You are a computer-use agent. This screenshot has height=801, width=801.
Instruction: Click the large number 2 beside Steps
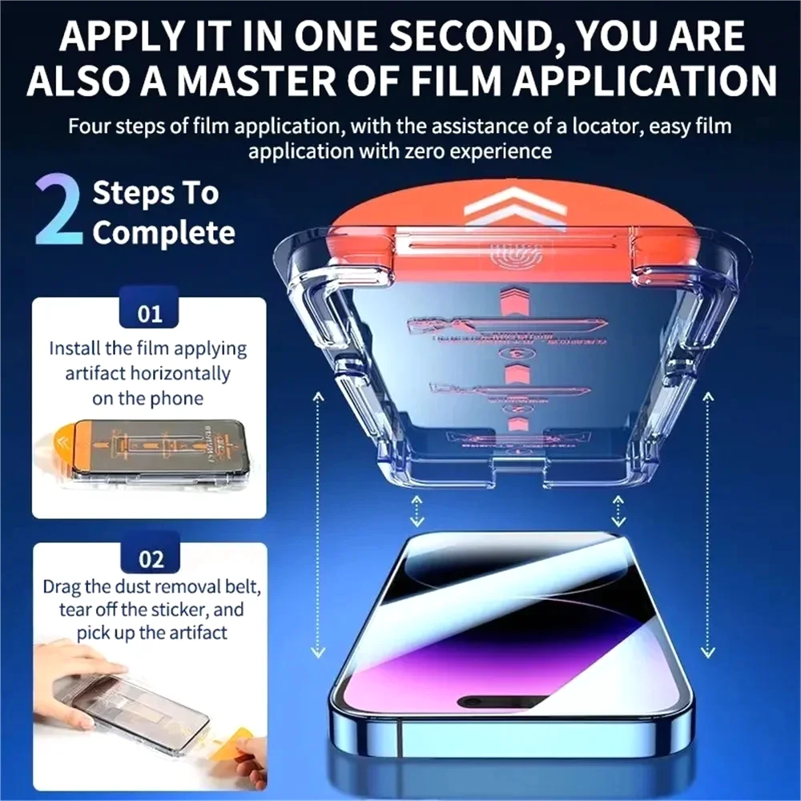pyautogui.click(x=58, y=211)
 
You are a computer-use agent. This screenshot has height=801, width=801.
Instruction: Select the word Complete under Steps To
pyautogui.click(x=163, y=233)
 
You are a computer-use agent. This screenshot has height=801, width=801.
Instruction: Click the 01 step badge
pyautogui.click(x=150, y=312)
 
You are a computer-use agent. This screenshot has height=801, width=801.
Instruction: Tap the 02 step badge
pyautogui.click(x=150, y=557)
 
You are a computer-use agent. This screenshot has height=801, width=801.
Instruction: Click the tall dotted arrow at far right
pyautogui.click(x=706, y=525)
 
